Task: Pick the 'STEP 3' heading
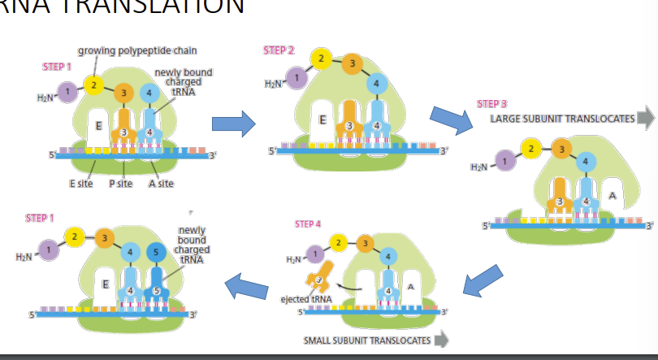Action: [x=491, y=104]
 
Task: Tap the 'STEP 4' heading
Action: [x=308, y=223]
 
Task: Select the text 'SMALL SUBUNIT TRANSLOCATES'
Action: [x=366, y=340]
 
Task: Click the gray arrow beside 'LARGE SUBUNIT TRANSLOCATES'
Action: [x=645, y=119]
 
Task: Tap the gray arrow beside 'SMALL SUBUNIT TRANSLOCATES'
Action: [x=442, y=340]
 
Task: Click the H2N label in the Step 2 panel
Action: [x=274, y=84]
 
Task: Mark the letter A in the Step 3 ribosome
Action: [x=612, y=196]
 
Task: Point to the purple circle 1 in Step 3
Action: [x=508, y=160]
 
